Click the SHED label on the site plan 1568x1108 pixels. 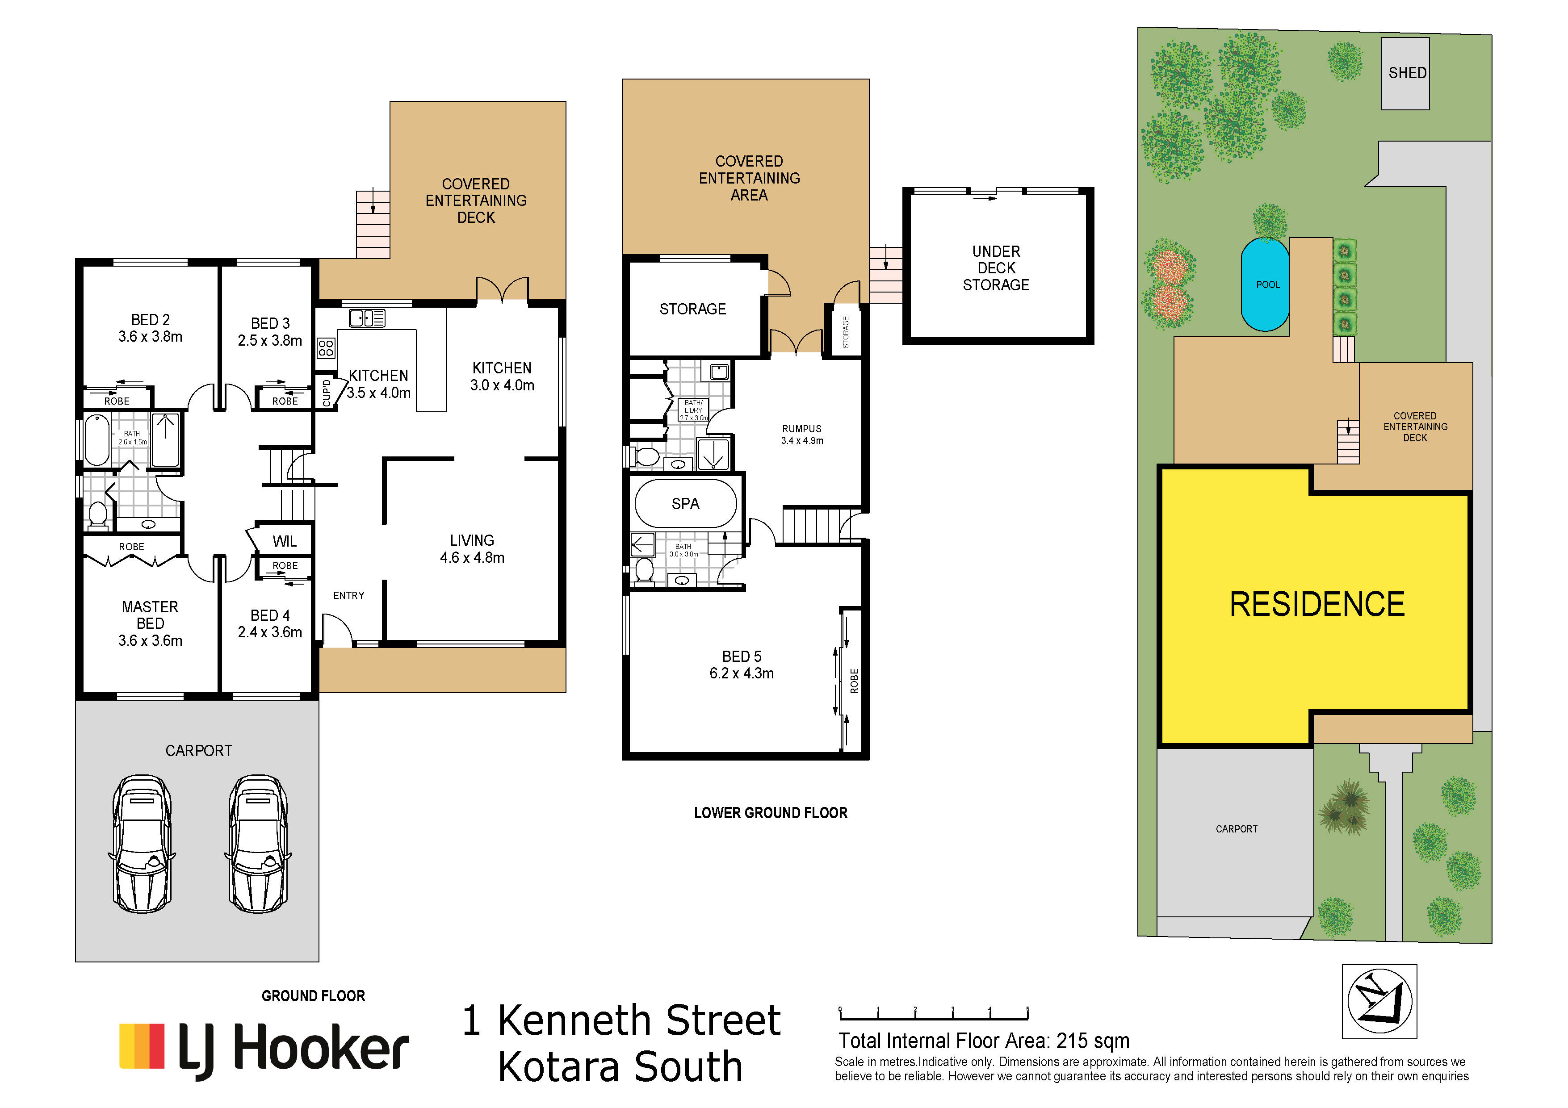coord(1408,73)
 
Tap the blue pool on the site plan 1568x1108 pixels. coord(1266,284)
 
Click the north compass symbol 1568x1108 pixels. coord(1379,1002)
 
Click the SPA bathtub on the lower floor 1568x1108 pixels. coord(686,504)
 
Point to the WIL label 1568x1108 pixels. coord(285,541)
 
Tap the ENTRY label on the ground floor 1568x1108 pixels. coord(349,595)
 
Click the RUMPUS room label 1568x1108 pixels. coord(802,429)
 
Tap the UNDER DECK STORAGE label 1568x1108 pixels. coord(996,268)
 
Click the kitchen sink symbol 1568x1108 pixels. coord(367,318)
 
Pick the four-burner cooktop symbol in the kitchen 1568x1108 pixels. coord(326,348)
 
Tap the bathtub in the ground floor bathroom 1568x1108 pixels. coord(97,440)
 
